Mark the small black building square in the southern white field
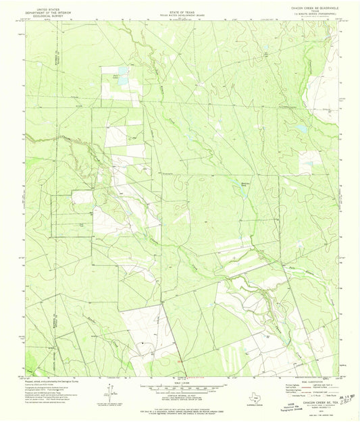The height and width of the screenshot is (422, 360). click(x=143, y=342)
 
